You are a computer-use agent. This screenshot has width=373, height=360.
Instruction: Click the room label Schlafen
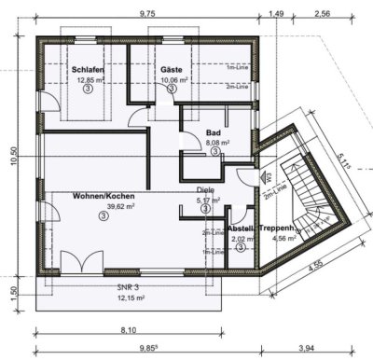[x=87, y=69]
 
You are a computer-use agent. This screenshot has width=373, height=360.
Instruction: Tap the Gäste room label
[x=171, y=69]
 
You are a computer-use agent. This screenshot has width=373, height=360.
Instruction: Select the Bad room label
[x=214, y=134]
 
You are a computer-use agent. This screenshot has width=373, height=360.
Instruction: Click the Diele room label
[x=205, y=189]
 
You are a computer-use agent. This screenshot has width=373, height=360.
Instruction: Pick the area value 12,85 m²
[x=87, y=80]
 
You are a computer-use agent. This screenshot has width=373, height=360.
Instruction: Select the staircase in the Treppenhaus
[x=309, y=191]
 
